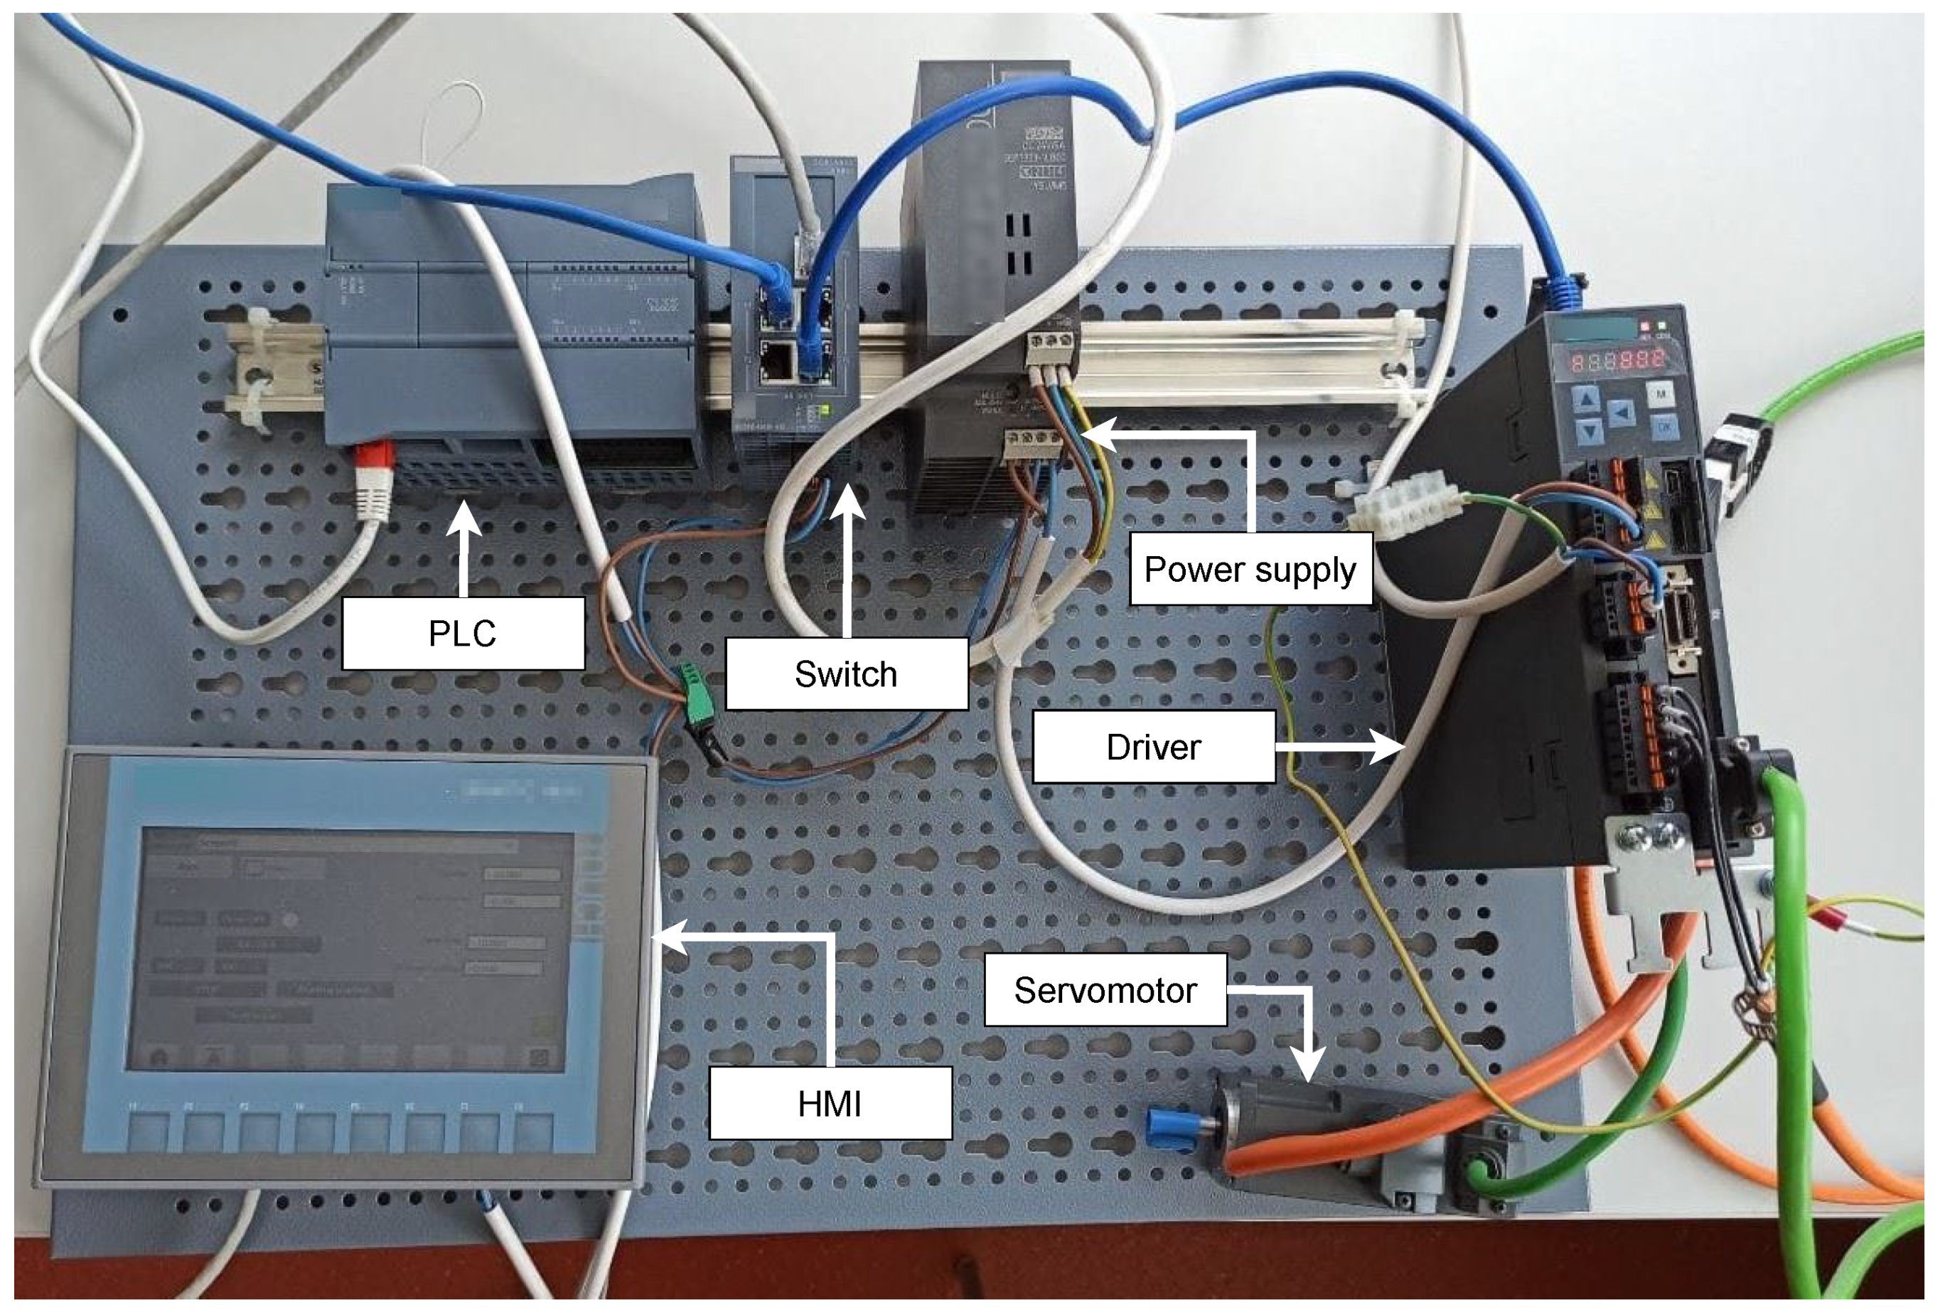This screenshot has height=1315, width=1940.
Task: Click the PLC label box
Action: tap(463, 634)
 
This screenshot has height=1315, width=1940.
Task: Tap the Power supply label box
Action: tap(1249, 570)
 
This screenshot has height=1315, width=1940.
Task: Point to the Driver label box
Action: tap(1153, 747)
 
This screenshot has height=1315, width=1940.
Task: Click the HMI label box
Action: tap(829, 1104)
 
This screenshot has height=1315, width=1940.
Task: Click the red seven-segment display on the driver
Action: tap(1617, 361)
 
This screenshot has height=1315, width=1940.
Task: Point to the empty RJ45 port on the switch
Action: tap(778, 361)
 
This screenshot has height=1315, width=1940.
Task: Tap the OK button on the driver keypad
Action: tap(1663, 428)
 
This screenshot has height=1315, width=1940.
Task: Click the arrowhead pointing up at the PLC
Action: tap(463, 518)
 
